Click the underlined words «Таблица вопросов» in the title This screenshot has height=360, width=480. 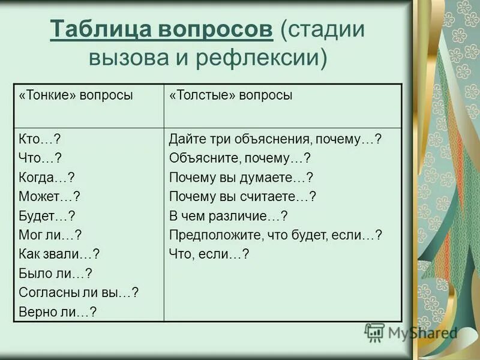point(162,29)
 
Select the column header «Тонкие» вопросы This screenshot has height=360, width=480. point(76,95)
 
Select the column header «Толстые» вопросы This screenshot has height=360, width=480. point(231,95)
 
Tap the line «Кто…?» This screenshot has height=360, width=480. point(40,139)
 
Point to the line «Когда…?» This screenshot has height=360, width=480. point(47,177)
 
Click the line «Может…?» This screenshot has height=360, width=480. point(50,196)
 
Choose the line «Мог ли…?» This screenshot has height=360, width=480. point(50,235)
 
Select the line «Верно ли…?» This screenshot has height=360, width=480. point(58,311)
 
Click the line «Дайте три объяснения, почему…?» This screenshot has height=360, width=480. point(275,139)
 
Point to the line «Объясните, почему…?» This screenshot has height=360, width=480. point(239,158)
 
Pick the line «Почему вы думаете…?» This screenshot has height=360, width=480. point(241,177)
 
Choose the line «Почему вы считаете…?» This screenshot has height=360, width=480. point(242,196)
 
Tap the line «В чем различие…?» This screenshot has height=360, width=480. point(229,215)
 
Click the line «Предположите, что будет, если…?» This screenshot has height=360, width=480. point(275,235)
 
